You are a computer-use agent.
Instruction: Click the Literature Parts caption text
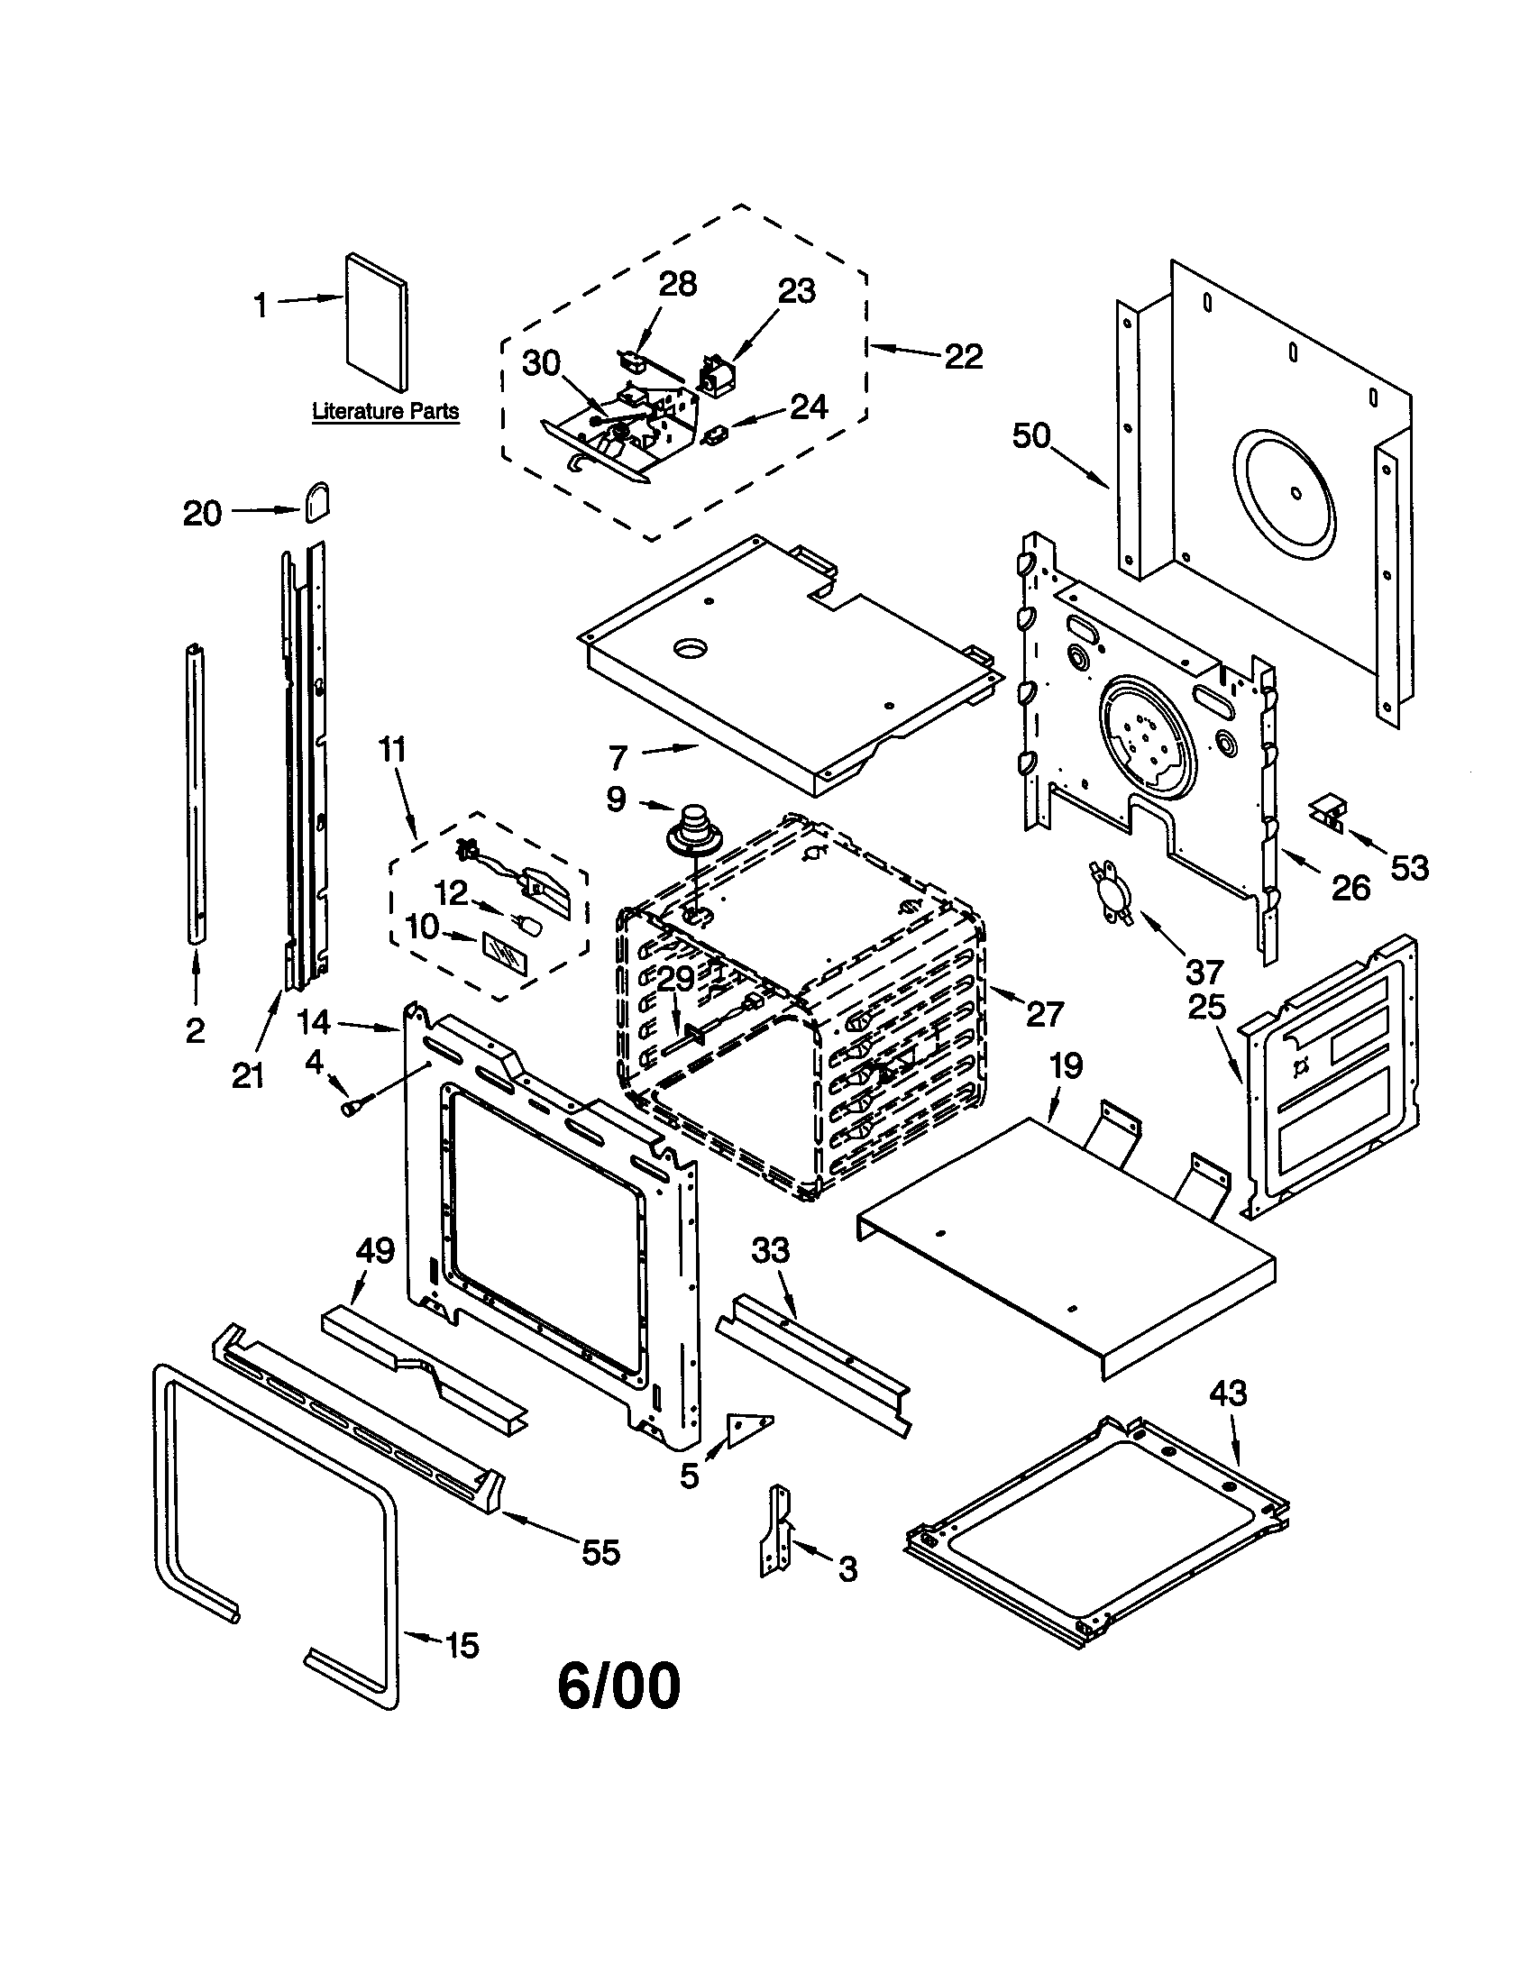click(x=385, y=411)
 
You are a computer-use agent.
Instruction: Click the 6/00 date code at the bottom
click(x=618, y=1686)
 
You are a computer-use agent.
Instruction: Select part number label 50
click(x=1031, y=436)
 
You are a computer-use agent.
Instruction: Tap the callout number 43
click(x=1228, y=1393)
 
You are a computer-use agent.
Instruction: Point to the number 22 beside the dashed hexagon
click(x=964, y=356)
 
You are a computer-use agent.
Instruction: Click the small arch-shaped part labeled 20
click(x=316, y=502)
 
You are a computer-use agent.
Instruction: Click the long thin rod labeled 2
click(x=196, y=794)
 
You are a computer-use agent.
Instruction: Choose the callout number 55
click(x=600, y=1553)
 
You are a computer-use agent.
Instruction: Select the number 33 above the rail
click(x=770, y=1250)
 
